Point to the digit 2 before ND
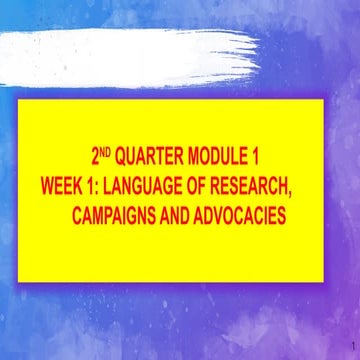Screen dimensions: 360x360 (x=95, y=158)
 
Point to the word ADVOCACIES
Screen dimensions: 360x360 (x=248, y=215)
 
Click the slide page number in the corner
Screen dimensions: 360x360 (x=340, y=347)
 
